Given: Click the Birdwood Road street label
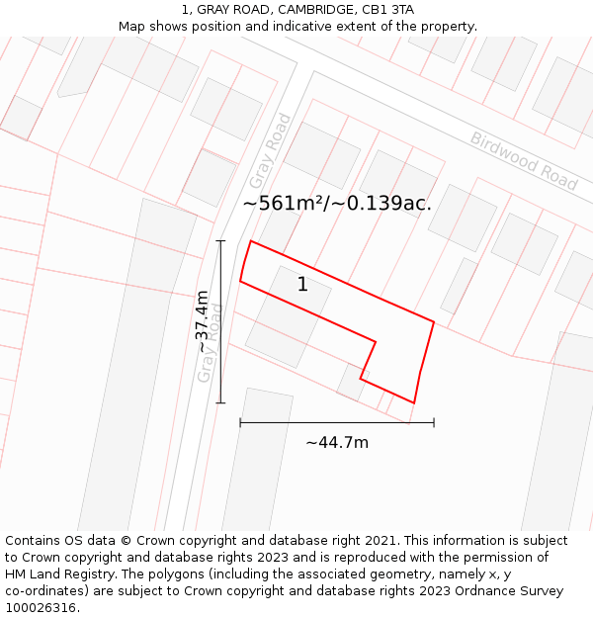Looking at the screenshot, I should click(523, 160).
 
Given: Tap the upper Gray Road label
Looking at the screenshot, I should click(270, 151).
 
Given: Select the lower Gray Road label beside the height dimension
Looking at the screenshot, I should click(210, 342).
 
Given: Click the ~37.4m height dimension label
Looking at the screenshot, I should click(202, 321).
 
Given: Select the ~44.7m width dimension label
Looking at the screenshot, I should click(337, 442).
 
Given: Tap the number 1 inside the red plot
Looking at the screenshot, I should click(302, 285).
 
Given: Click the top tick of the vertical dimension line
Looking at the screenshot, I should click(220, 240).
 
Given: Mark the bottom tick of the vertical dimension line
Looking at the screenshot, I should click(220, 402).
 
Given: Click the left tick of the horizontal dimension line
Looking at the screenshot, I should click(240, 423).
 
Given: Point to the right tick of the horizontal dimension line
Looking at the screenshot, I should click(434, 423).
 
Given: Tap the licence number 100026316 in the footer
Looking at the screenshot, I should click(41, 607).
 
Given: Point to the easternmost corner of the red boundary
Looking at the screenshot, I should click(434, 320).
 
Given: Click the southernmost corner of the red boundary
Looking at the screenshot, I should click(413, 402).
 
